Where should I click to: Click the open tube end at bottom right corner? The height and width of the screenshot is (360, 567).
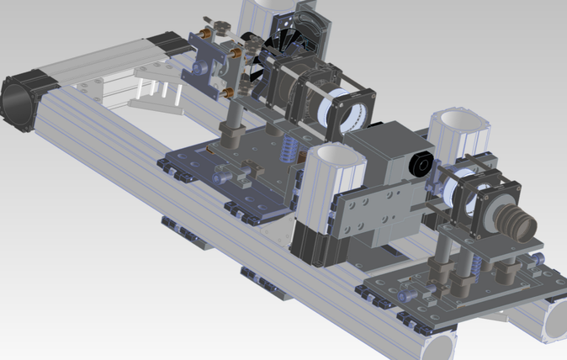click(554, 323)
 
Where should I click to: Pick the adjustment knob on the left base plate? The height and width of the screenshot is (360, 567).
click(222, 177)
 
